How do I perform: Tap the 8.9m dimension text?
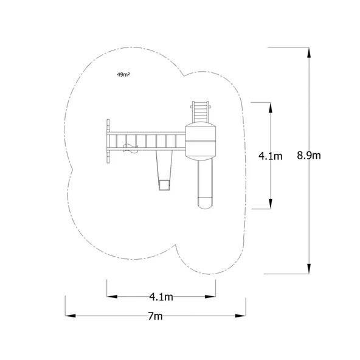(x=309, y=155)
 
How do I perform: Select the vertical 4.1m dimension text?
(x=270, y=156)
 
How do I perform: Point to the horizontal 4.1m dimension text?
(x=161, y=297)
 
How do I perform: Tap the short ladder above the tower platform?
(x=200, y=111)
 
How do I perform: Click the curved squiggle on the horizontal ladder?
(x=128, y=147)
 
